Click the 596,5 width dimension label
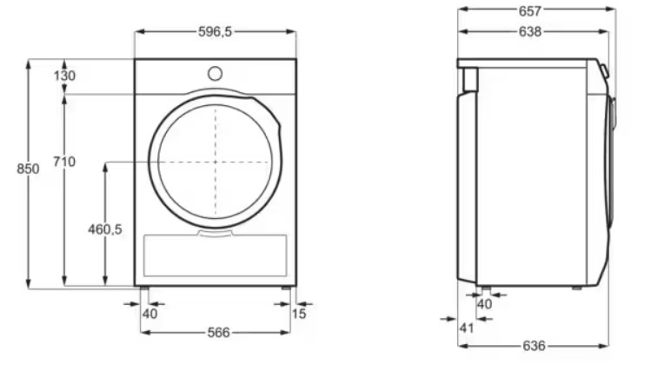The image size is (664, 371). (216, 32)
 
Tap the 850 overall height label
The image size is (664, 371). (28, 169)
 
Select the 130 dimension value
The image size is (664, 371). (64, 76)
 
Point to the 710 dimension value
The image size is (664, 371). (64, 162)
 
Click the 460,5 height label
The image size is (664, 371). (105, 229)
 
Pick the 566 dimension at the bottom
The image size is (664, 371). (218, 333)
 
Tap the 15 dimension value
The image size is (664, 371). (299, 314)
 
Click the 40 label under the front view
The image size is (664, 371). (149, 314)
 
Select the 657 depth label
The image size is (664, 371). (530, 11)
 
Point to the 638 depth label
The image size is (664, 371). (530, 32)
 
